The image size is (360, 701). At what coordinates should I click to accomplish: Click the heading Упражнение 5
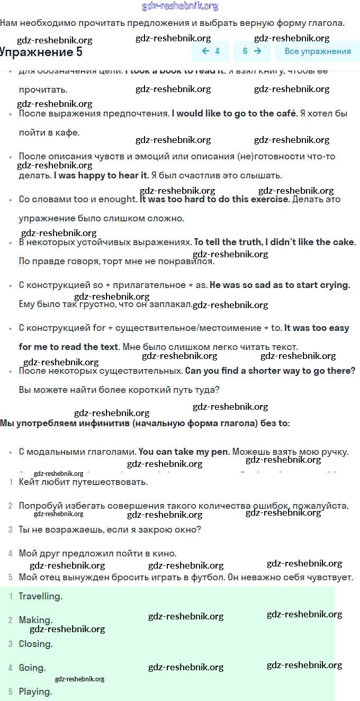click(x=41, y=52)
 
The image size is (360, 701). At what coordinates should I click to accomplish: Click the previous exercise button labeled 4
click(x=211, y=51)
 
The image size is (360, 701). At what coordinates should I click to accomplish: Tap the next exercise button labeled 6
click(x=252, y=51)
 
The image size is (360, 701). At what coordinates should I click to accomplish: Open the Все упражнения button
click(x=318, y=51)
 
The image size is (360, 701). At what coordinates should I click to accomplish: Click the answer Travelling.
click(x=40, y=596)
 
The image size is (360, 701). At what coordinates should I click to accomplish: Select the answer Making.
click(x=35, y=620)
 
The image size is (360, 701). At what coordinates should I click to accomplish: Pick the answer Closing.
click(x=35, y=644)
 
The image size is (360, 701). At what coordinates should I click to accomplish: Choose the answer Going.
click(x=32, y=668)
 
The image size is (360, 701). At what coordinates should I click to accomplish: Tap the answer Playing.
click(x=35, y=691)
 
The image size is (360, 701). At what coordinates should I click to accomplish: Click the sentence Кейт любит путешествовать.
click(x=83, y=482)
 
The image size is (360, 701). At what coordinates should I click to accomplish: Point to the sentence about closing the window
click(x=110, y=529)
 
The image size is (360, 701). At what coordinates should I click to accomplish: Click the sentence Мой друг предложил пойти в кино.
click(x=97, y=553)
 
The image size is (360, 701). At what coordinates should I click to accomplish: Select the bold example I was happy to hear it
click(x=101, y=175)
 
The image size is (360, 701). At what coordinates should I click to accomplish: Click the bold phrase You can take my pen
click(x=184, y=452)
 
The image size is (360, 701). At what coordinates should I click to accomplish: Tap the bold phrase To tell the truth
click(x=228, y=242)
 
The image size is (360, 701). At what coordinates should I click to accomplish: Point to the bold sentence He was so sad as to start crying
click(x=280, y=285)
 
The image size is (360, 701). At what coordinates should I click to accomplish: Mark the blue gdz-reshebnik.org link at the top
click(x=180, y=6)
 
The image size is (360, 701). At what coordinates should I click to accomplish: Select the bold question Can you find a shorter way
click(x=270, y=371)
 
